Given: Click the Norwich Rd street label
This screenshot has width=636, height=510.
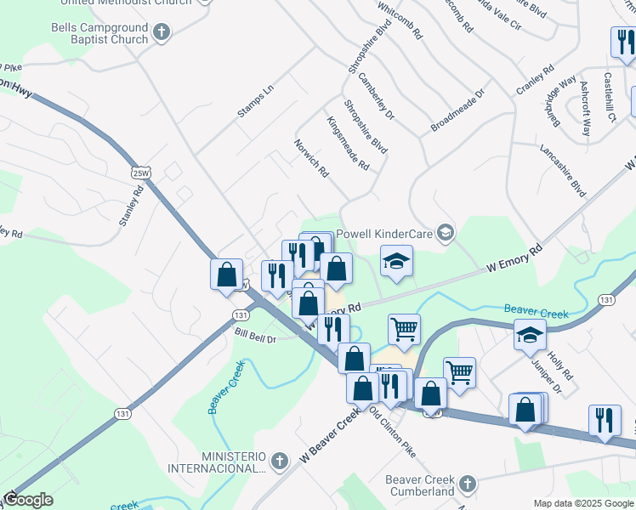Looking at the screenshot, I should pos(311,159).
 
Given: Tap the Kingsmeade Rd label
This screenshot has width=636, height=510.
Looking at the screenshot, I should pos(348,143).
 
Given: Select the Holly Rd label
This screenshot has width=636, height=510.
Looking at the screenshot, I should pos(561,361).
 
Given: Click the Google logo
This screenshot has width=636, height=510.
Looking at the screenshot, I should pos(27,500).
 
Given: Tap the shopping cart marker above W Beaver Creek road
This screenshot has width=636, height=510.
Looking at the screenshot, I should pos(405,328).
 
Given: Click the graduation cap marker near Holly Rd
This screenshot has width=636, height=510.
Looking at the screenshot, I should pos(530,334).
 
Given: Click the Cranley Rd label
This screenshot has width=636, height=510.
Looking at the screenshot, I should pos(535,78).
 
